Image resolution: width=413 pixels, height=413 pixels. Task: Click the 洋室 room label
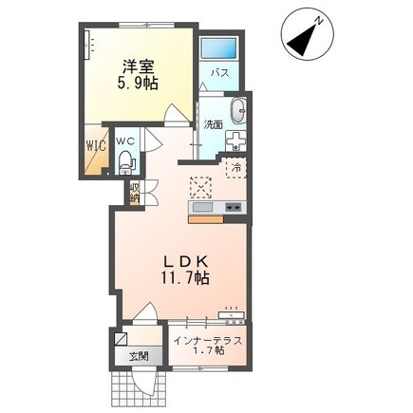pyautogui.click(x=139, y=66)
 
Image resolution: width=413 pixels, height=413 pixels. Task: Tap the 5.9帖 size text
pyautogui.click(x=138, y=84)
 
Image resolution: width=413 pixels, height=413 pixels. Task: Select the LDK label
pyautogui.click(x=185, y=262)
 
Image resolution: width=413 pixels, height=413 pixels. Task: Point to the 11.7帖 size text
pyautogui.click(x=185, y=278)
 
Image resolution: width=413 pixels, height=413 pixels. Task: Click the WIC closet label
pyautogui.click(x=96, y=146)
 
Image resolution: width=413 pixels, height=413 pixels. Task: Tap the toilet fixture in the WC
pyautogui.click(x=126, y=162)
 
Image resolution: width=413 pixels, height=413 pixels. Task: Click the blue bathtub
pyautogui.click(x=218, y=48)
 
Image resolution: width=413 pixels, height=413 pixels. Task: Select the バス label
pyautogui.click(x=220, y=73)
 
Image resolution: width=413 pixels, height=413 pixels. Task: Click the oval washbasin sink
pyautogui.click(x=238, y=110)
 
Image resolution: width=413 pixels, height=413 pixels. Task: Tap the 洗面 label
pyautogui.click(x=213, y=124)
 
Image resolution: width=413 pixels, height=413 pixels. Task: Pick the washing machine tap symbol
pyautogui.click(x=235, y=141)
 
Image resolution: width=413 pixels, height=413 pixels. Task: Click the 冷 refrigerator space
pyautogui.click(x=235, y=168)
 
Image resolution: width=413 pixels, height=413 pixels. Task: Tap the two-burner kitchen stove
pyautogui.click(x=235, y=207)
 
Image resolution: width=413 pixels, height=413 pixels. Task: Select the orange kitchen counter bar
pyautogui.click(x=206, y=219)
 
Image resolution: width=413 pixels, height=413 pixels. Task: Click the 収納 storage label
pyautogui.click(x=134, y=193)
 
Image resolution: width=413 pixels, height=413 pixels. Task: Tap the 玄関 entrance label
pyautogui.click(x=139, y=356)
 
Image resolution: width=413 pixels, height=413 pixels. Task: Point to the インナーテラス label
pyautogui.click(x=209, y=341)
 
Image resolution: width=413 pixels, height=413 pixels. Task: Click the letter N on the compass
pyautogui.click(x=320, y=22)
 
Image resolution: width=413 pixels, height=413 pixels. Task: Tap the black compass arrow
pyautogui.click(x=303, y=39)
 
